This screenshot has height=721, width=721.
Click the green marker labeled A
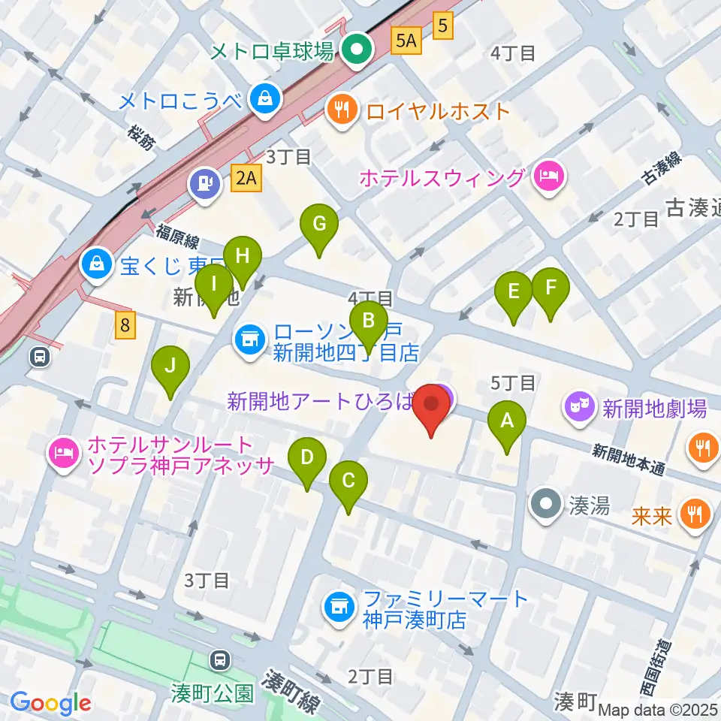(x=507, y=422)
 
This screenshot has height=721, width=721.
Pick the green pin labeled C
(x=348, y=481)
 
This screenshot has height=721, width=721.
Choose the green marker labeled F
(x=551, y=288)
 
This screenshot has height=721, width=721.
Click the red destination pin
(x=433, y=406)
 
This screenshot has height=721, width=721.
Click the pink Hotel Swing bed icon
(x=550, y=177)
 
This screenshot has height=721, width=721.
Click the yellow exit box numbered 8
(x=125, y=324)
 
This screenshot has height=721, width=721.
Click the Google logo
(x=51, y=703)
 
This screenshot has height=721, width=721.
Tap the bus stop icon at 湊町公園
(x=220, y=660)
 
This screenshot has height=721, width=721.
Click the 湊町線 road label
(x=291, y=693)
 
